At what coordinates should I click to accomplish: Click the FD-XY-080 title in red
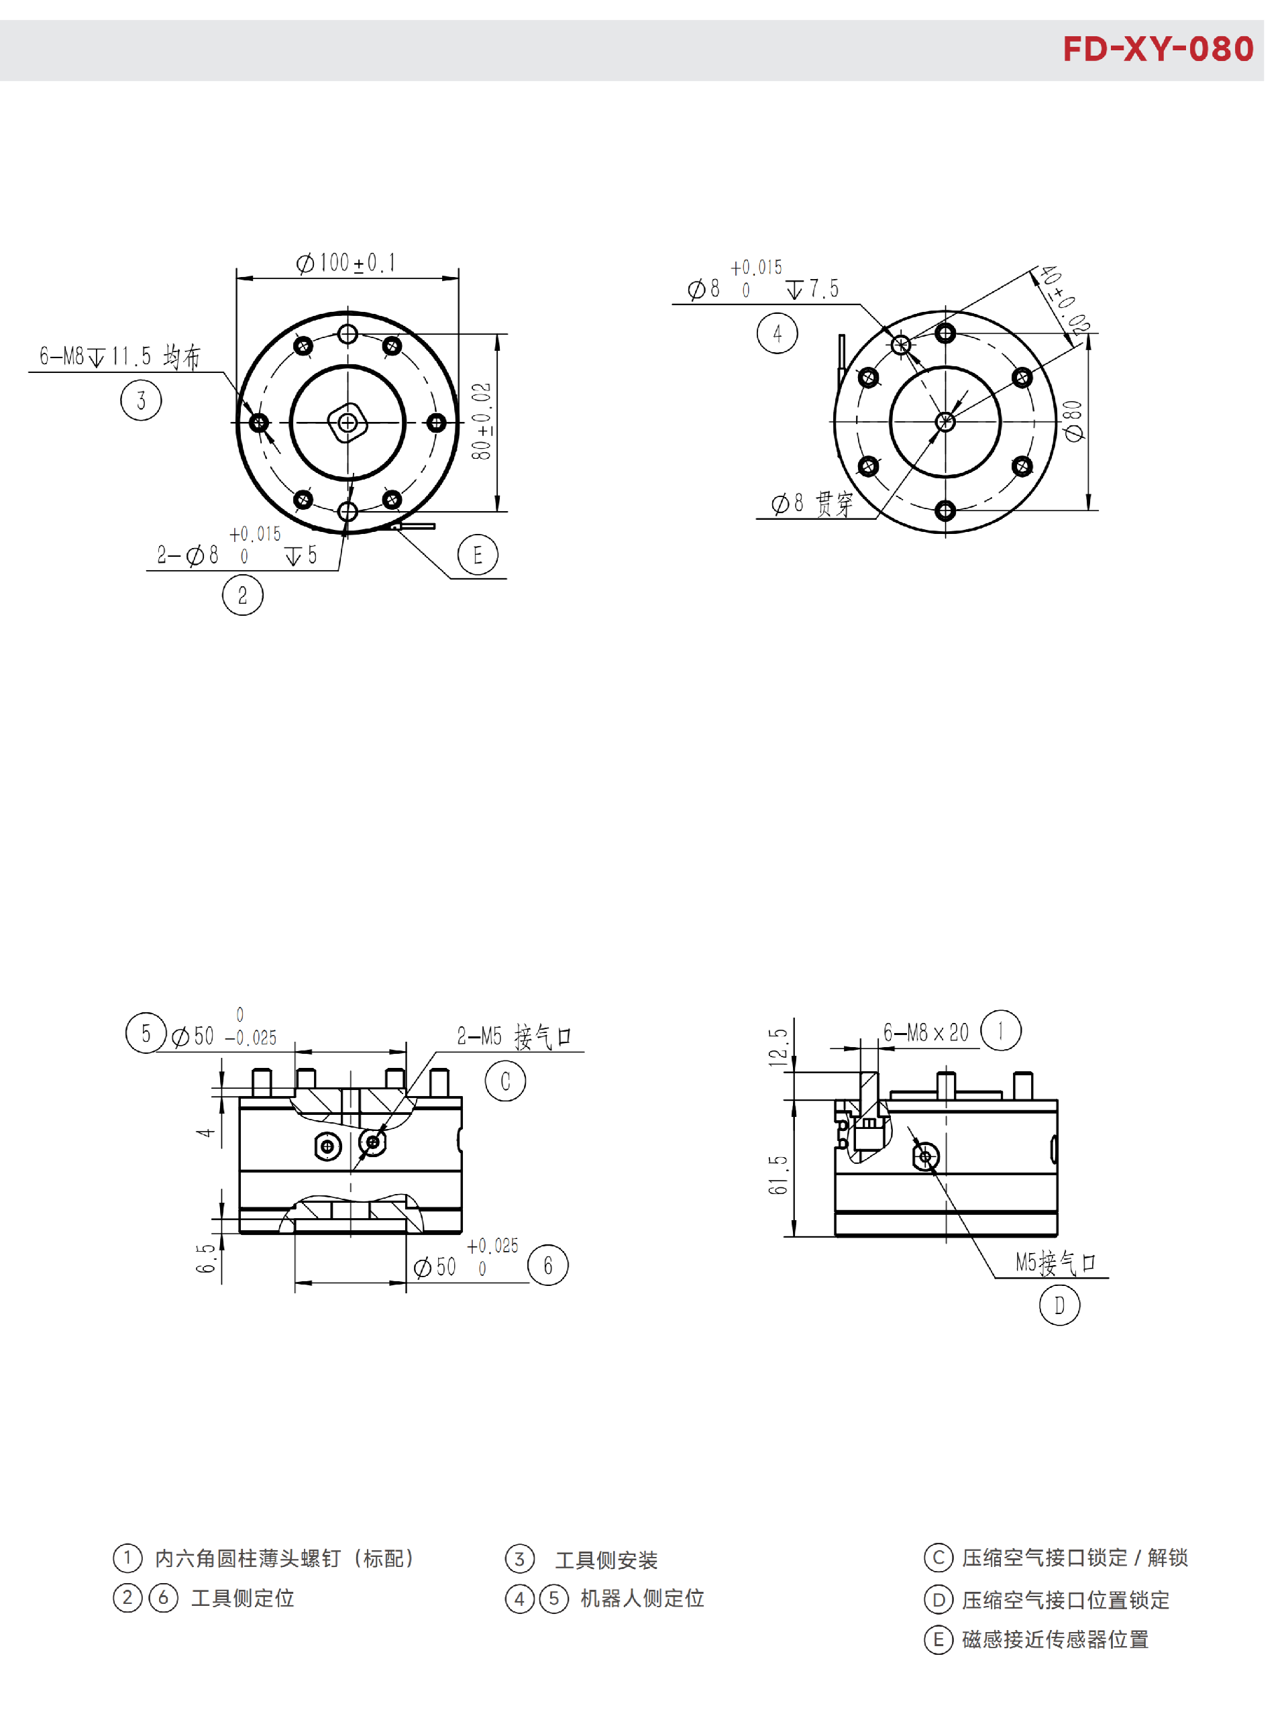(1157, 49)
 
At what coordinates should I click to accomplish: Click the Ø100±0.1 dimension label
(345, 263)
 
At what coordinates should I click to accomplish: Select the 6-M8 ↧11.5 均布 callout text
(119, 356)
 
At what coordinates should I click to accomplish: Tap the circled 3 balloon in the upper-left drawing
(141, 400)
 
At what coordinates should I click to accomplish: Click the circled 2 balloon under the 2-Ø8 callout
(242, 595)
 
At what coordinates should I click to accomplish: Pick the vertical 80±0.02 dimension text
(482, 421)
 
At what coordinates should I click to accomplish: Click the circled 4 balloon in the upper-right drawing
(777, 333)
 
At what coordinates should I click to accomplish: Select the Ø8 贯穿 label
(812, 504)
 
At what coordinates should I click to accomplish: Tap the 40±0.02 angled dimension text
(1064, 300)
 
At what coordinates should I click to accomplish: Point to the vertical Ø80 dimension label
(1073, 421)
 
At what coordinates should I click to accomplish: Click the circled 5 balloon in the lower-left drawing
(146, 1033)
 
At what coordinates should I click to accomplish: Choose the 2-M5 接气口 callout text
(514, 1036)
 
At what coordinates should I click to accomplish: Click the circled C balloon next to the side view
(505, 1081)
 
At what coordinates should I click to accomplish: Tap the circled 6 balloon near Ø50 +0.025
(547, 1264)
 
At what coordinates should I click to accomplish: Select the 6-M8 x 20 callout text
(926, 1033)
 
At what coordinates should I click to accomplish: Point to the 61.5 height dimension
(778, 1175)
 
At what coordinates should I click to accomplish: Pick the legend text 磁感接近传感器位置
(1054, 1639)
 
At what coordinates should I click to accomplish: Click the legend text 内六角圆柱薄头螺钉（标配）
(284, 1558)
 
